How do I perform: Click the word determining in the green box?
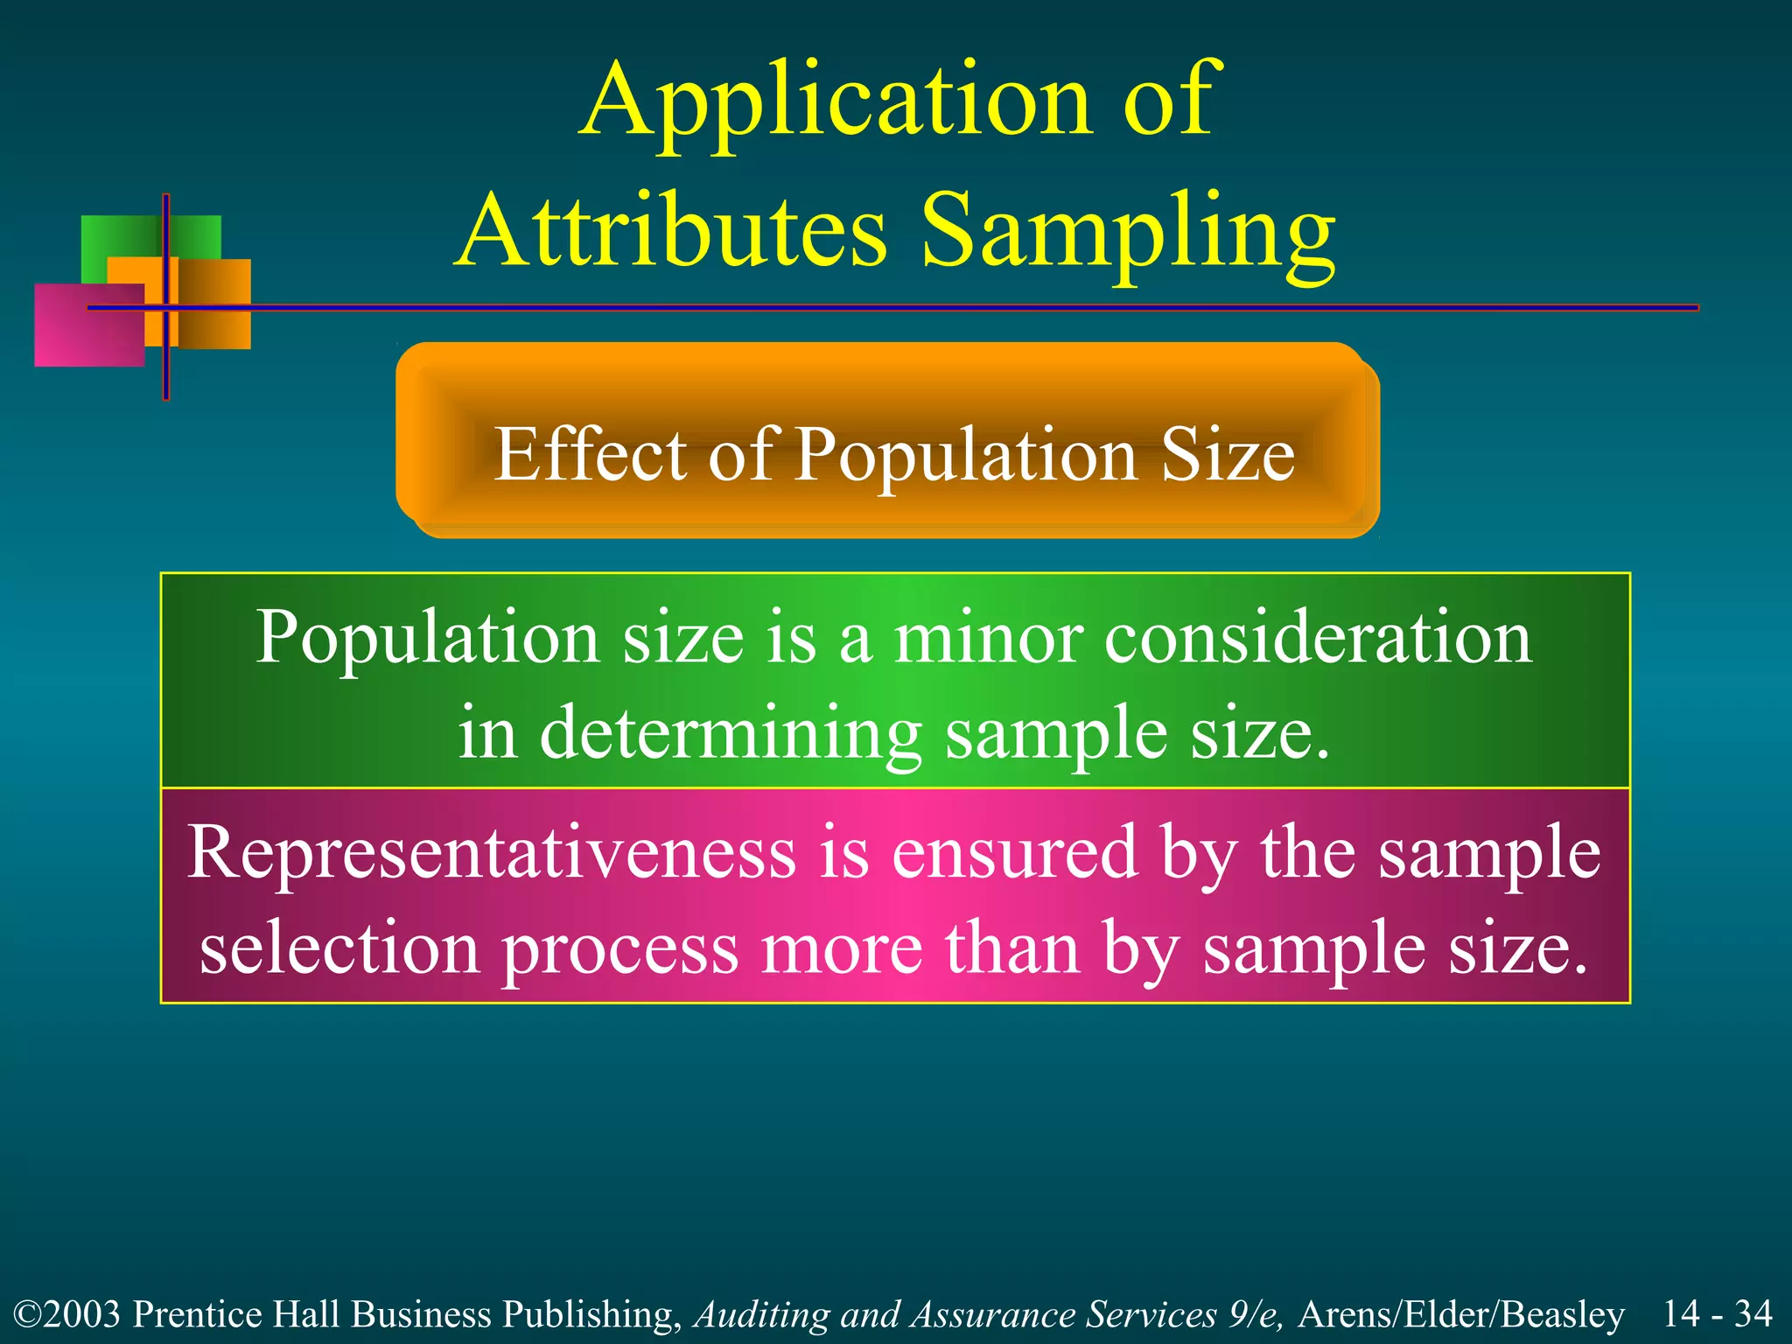[731, 733]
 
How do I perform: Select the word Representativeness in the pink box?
[492, 852]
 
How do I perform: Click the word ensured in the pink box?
[1014, 852]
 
